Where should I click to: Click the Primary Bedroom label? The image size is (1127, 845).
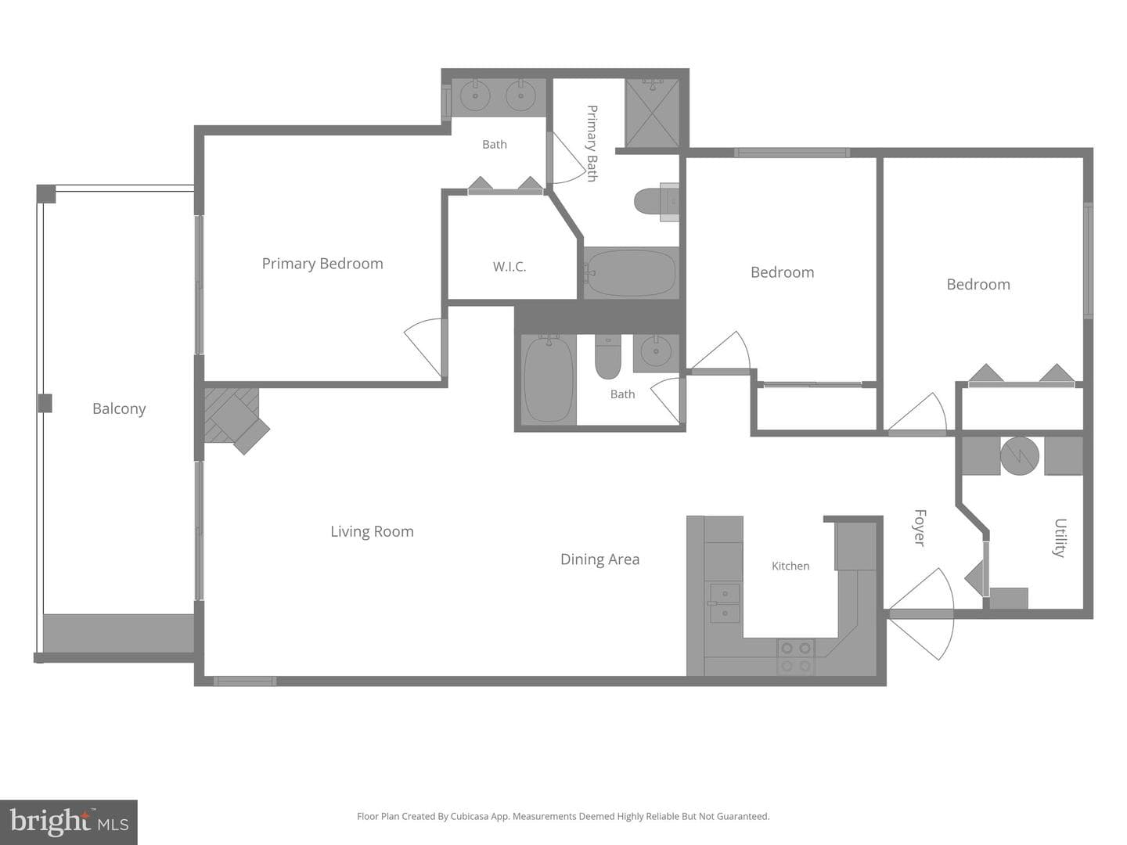[x=322, y=264]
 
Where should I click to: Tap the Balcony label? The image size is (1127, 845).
[x=119, y=409]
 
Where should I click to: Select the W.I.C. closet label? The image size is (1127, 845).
[x=509, y=267]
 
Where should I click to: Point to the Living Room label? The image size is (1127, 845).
[x=372, y=531]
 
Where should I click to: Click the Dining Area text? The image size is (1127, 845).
[x=600, y=559]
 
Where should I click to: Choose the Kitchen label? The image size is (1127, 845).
[x=790, y=566]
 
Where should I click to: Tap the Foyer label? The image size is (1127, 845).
[x=920, y=527]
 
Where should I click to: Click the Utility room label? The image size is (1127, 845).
[x=1060, y=538]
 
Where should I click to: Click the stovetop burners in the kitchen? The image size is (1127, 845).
[x=796, y=657]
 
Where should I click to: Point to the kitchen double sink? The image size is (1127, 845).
[x=724, y=603]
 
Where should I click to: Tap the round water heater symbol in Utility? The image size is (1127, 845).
[x=1019, y=456]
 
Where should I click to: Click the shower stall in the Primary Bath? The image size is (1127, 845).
[x=652, y=113]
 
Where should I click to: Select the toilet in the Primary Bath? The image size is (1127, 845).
[x=656, y=202]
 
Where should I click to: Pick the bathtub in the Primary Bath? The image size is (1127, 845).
[x=631, y=273]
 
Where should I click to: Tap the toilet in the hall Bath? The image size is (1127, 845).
[x=608, y=357]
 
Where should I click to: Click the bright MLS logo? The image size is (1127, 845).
[x=69, y=822]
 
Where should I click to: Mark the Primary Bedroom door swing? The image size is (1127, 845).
[x=423, y=345]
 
